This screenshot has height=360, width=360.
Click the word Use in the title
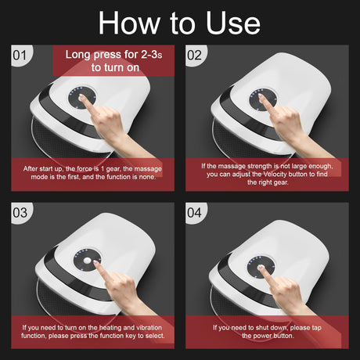(x=233, y=23)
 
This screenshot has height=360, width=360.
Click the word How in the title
(x=129, y=23)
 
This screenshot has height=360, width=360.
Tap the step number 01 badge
(x=20, y=56)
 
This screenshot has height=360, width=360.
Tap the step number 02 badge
(x=195, y=56)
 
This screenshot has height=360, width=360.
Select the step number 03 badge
(x=20, y=213)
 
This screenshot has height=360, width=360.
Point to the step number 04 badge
(x=195, y=213)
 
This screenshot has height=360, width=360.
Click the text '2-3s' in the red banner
(x=152, y=55)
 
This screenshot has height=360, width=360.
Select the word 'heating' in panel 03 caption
(x=110, y=328)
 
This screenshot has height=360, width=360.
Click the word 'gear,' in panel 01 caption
(x=113, y=169)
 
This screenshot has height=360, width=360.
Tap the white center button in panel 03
(x=87, y=261)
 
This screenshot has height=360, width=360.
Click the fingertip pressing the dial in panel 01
(x=81, y=97)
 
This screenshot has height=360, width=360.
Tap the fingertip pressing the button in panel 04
(x=261, y=267)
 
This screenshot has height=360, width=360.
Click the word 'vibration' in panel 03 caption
(x=149, y=328)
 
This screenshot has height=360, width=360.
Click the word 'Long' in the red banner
(x=77, y=55)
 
